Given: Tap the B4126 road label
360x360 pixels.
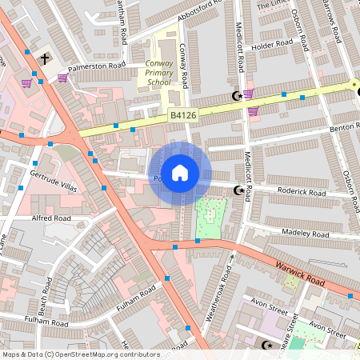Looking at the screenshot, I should coord(183,116).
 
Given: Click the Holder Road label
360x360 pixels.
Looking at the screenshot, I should coord(267,46).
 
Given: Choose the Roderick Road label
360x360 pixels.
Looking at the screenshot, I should coord(302,192).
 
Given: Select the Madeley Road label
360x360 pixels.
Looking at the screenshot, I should coord(305,234).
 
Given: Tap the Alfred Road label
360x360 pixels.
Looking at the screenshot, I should coord(51,218).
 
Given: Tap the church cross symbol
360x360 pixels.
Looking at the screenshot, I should coord(45,58).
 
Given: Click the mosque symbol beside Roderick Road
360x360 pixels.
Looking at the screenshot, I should coord(237,190).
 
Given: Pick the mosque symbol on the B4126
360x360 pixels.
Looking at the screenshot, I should coord(236,96).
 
